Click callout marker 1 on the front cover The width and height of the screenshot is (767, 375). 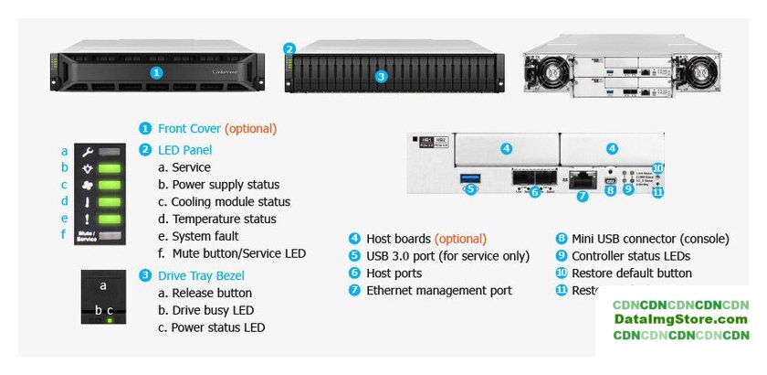[x=156, y=72]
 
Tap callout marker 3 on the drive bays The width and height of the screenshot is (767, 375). [x=382, y=77]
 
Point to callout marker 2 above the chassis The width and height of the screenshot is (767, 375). [x=289, y=49]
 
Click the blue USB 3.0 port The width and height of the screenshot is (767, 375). [x=470, y=177]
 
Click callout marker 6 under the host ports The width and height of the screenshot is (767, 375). [x=535, y=192]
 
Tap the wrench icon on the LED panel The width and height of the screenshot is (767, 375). [x=89, y=152]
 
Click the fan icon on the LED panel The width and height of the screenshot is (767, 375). [x=89, y=185]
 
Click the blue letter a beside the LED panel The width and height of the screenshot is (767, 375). [x=65, y=151]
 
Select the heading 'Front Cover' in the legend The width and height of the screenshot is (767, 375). [x=190, y=129]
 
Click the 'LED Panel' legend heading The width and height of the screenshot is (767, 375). [x=184, y=150]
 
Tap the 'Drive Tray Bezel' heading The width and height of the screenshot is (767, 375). [x=201, y=275]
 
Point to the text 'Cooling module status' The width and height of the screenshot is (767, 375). [x=225, y=202]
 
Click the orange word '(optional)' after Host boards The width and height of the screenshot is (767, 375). [x=460, y=239]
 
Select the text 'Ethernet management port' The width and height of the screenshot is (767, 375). [x=439, y=291]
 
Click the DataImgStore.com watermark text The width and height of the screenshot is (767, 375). [x=680, y=319]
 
